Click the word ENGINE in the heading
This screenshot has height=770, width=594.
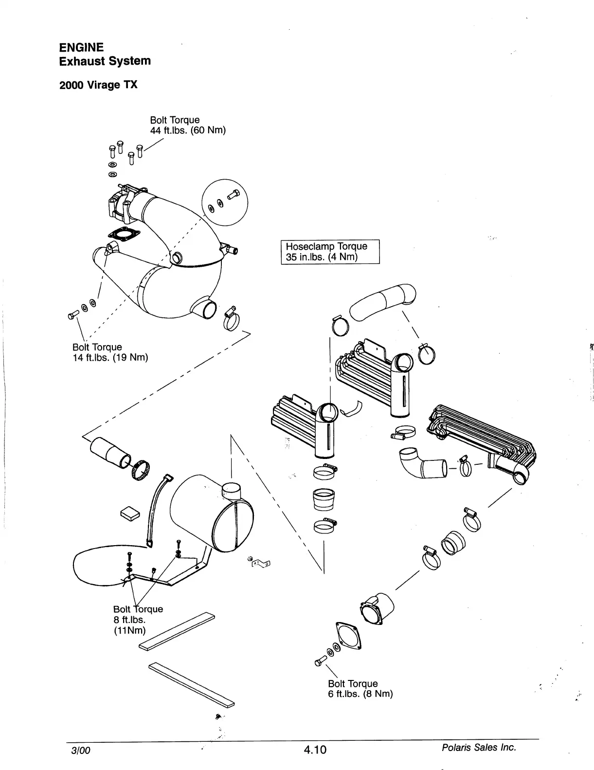pos(81,47)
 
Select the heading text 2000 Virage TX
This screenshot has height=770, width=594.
pos(98,85)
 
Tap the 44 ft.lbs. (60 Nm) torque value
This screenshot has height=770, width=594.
pos(188,130)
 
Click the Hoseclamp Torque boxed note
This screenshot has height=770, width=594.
pos(330,252)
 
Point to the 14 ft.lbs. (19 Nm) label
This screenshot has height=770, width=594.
pos(110,358)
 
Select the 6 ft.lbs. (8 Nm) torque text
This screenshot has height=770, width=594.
pos(360,694)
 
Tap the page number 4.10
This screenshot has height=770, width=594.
pos(315,750)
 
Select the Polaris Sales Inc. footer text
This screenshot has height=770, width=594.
pos(478,747)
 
